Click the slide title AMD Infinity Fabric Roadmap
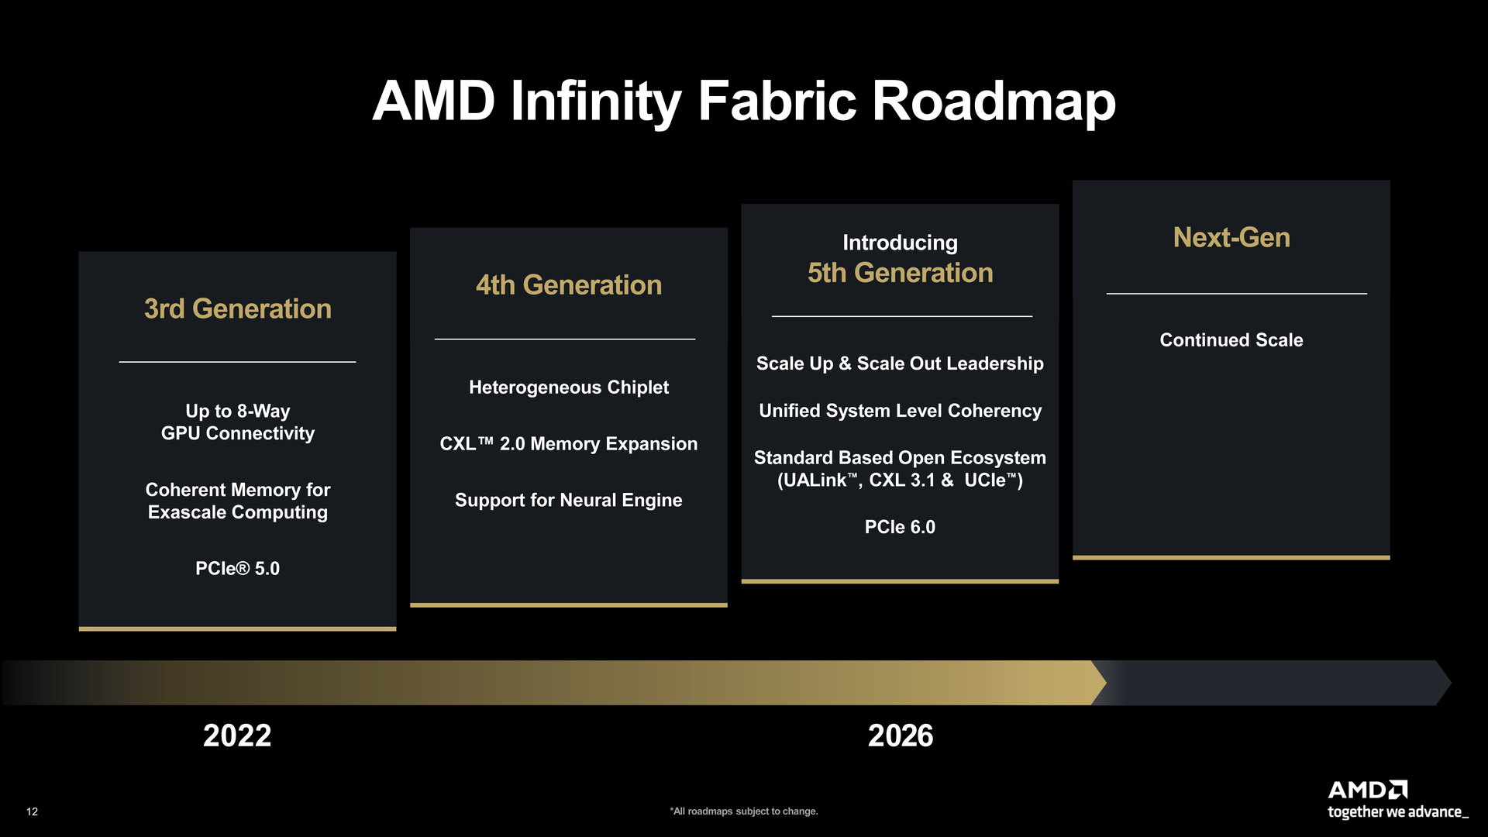pos(743,102)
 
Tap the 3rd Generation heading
pos(237,309)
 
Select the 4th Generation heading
pos(568,285)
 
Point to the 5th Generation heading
pos(900,273)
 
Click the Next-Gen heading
pos(1231,238)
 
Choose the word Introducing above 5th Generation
pos(900,243)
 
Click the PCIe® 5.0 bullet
pos(237,569)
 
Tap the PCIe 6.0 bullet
pos(900,527)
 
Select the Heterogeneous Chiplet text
pos(568,387)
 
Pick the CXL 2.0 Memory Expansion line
pos(568,444)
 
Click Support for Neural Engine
pos(568,501)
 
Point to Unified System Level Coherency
pos(900,411)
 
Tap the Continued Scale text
pos(1231,340)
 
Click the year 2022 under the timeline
pos(237,735)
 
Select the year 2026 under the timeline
pos(900,735)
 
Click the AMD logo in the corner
pos(1367,790)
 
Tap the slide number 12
pos(32,811)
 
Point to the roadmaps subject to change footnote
pos(743,811)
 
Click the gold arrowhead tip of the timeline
pos(1099,683)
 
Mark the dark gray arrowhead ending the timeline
pos(1443,683)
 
